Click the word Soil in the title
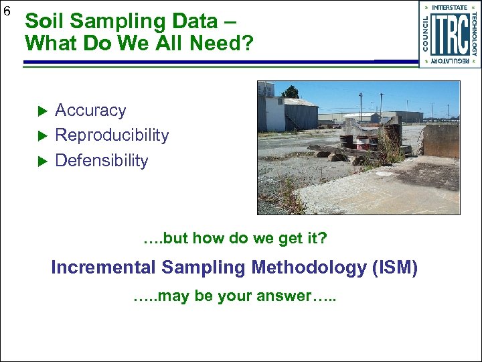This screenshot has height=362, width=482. (x=45, y=21)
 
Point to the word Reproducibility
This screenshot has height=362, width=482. (x=112, y=135)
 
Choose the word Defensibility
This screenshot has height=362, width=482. (x=101, y=161)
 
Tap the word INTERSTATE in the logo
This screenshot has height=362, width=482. (x=449, y=7)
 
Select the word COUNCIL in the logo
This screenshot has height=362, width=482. (x=425, y=34)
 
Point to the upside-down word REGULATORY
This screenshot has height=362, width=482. (x=449, y=62)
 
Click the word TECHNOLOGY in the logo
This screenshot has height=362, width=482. (x=474, y=34)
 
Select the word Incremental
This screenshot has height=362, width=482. (x=103, y=268)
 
